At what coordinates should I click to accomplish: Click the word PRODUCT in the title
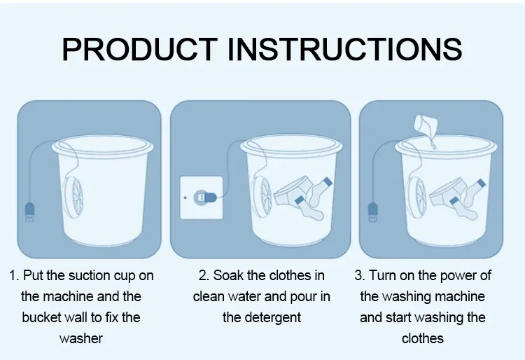point(139,49)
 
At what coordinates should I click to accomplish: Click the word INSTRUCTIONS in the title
point(345,49)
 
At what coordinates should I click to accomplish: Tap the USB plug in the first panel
point(30,212)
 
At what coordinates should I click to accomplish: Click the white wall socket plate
point(201,198)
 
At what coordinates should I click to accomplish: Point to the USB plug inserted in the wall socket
point(205,198)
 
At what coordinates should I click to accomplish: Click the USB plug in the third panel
point(373,212)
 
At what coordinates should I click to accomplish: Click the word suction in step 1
point(90,276)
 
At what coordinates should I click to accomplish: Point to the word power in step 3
point(459,276)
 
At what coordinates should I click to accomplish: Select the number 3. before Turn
point(360,276)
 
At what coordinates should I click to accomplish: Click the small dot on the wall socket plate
point(185,198)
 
